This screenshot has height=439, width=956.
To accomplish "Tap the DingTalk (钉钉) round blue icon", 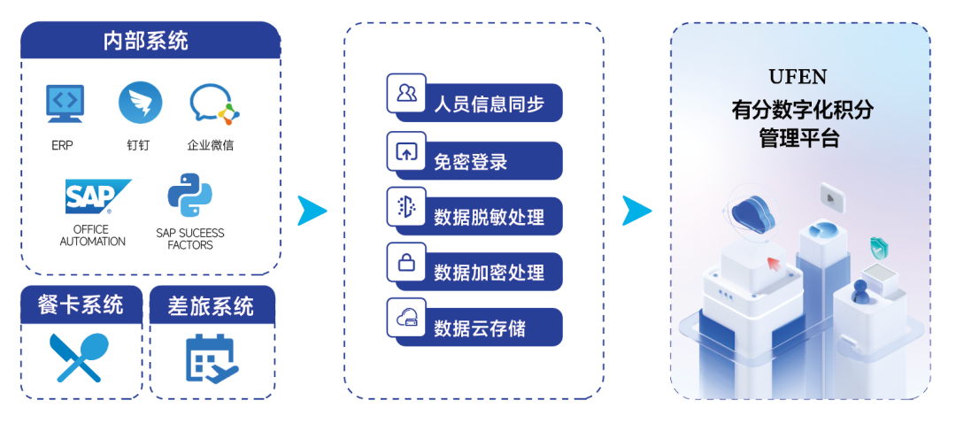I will [140, 103].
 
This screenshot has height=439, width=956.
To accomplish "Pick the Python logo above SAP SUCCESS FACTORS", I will [189, 195].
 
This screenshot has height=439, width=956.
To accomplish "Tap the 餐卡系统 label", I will [81, 305].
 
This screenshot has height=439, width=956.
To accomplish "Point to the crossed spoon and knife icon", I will [79, 357].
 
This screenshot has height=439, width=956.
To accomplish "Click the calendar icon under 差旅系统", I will [211, 357].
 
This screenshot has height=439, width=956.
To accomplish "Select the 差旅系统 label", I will [211, 306].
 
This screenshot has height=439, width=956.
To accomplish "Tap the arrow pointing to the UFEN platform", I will [636, 211].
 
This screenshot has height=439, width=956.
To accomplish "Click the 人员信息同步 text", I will [489, 104].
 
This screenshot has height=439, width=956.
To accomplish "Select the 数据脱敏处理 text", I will [489, 217].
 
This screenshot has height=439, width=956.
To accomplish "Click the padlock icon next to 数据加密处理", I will [406, 262].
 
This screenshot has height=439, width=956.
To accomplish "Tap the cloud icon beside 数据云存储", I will [406, 318].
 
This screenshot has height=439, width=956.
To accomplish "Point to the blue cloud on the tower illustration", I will [753, 212].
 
